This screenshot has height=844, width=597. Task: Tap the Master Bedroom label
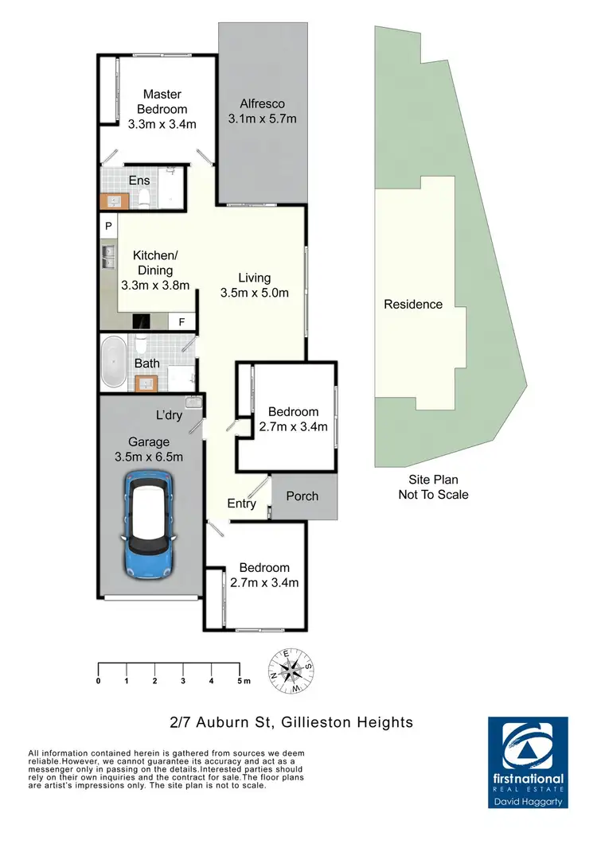click(162, 102)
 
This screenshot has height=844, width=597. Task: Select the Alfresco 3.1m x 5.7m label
click(263, 111)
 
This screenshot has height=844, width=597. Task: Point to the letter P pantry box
click(107, 226)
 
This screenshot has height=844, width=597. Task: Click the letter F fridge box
click(181, 322)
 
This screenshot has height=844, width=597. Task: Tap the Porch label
click(302, 496)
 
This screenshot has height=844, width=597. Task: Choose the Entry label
click(241, 504)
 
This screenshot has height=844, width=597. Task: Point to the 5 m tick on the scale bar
click(240, 681)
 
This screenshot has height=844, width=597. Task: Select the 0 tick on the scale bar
click(98, 681)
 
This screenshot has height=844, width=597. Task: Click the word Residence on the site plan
click(413, 304)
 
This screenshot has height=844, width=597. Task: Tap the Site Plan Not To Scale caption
click(433, 487)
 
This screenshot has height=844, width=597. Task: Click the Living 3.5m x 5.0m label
click(254, 285)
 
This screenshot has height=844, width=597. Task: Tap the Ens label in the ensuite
click(139, 181)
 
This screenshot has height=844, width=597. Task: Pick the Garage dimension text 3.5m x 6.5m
click(150, 457)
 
